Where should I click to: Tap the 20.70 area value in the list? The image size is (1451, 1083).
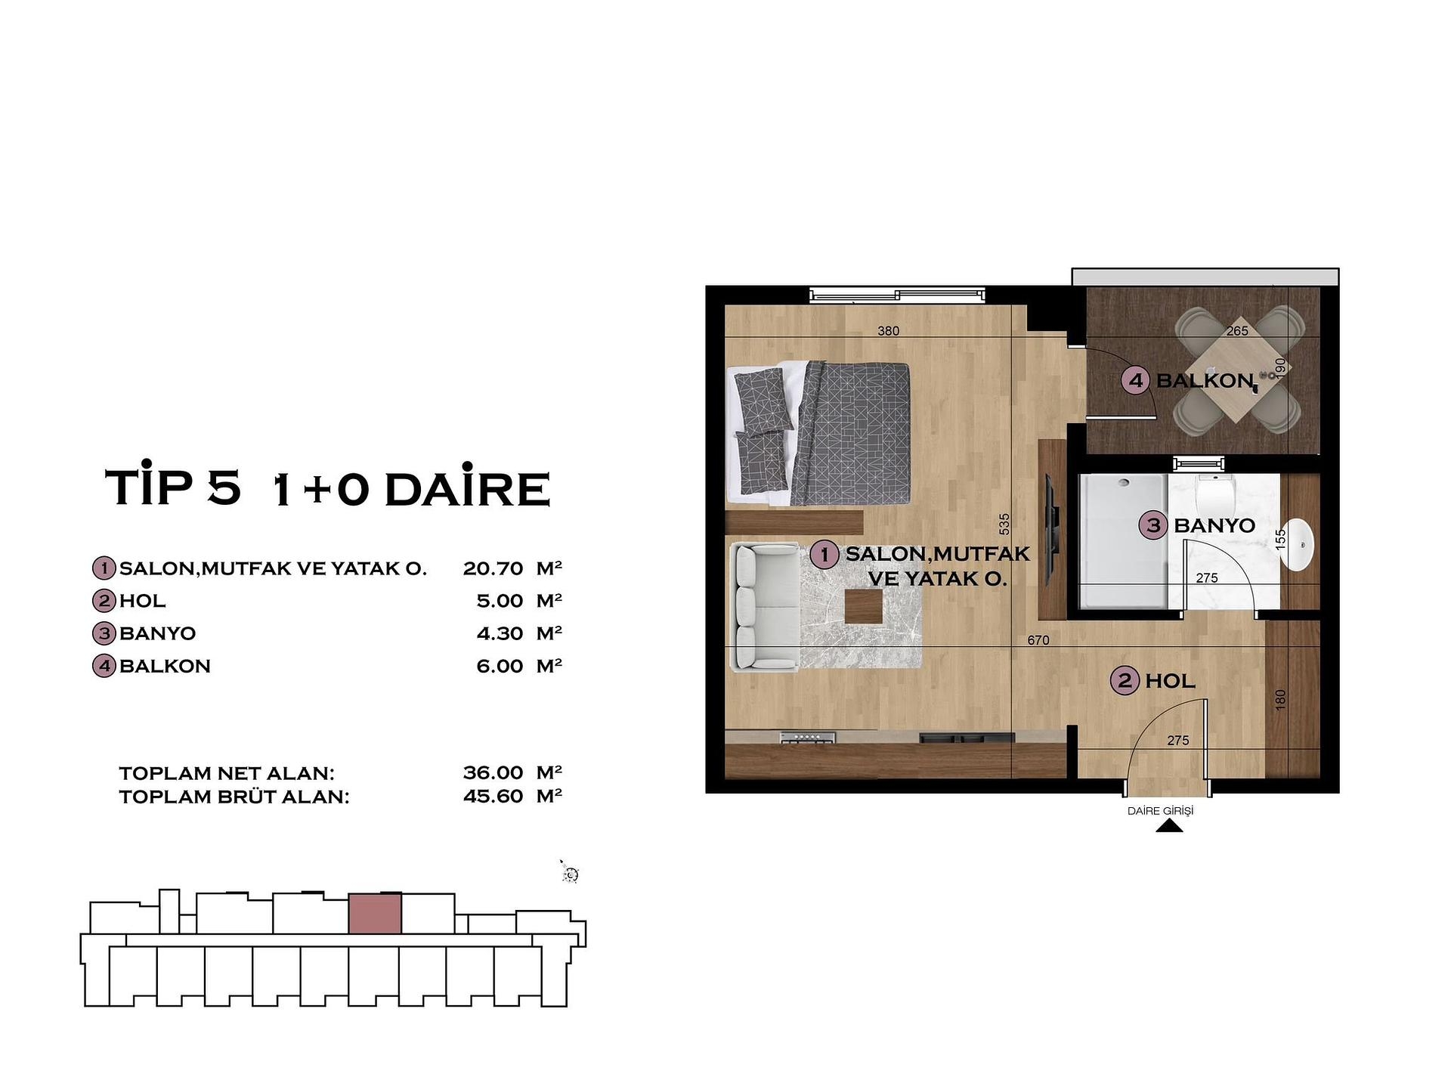(x=493, y=568)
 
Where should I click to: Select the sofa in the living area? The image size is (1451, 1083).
(x=765, y=607)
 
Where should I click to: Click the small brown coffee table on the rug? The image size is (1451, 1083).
(x=863, y=607)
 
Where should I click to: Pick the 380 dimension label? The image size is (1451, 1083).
(x=888, y=330)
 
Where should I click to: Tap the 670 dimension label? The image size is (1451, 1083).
(x=1038, y=640)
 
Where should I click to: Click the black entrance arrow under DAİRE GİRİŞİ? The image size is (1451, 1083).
(x=1169, y=827)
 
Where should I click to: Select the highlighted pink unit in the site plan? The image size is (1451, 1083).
(x=375, y=914)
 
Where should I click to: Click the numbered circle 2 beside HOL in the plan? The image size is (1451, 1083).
(x=1125, y=681)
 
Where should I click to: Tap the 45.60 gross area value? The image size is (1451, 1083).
(x=493, y=796)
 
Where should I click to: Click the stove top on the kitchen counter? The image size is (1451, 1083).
(x=808, y=737)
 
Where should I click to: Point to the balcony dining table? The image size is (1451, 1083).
(x=1239, y=378)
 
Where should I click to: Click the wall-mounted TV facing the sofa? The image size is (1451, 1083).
(x=1050, y=530)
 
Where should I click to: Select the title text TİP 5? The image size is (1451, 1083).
(x=173, y=487)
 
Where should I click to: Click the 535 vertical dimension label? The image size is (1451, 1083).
(x=1004, y=524)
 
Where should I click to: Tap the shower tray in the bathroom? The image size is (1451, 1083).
(x=1122, y=540)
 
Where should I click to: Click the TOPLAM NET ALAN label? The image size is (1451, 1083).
(x=226, y=773)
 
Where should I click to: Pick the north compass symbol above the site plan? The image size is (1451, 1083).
(x=570, y=874)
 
